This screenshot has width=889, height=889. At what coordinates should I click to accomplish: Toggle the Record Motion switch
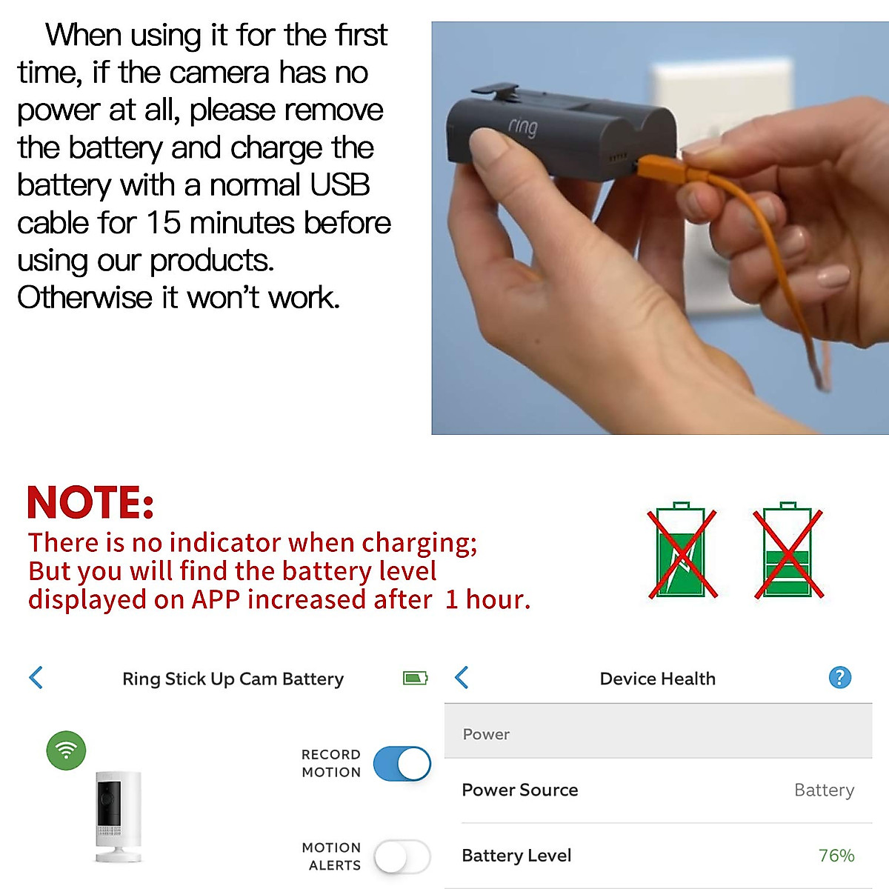tap(402, 764)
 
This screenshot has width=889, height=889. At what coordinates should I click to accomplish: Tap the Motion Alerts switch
tap(402, 857)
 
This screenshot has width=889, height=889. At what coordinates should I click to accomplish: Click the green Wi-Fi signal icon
tap(66, 750)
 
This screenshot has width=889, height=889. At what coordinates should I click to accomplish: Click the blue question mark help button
tap(839, 677)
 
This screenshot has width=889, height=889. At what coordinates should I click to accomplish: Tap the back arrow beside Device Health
tap(462, 677)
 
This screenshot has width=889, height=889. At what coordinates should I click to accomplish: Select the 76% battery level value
tap(836, 856)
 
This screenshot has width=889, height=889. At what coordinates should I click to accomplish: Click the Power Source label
tap(519, 790)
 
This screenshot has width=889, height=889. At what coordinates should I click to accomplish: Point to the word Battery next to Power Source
tap(824, 790)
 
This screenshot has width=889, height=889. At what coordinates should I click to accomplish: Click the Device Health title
tap(658, 679)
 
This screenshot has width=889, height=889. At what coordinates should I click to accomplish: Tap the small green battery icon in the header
tap(415, 678)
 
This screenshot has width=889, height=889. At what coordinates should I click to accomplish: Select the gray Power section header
tap(658, 733)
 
